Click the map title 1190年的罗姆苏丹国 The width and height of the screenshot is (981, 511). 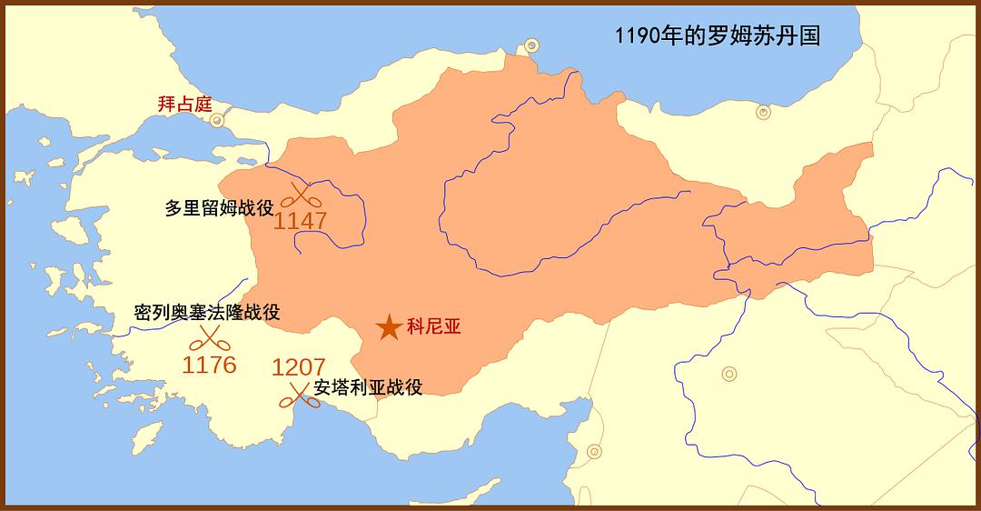click(717, 36)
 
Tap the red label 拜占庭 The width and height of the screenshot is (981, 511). click(184, 104)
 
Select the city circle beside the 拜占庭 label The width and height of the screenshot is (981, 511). click(217, 119)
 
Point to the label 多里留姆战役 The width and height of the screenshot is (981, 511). click(219, 207)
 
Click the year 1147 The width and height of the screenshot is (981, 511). click(300, 221)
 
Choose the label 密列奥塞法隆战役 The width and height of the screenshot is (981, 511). click(206, 313)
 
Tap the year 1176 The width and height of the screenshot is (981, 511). click(209, 366)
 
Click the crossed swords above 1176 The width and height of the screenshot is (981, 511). click(208, 339)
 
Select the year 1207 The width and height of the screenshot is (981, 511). click(298, 367)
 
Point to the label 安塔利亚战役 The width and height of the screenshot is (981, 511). click(368, 387)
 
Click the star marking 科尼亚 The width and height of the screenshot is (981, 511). click(389, 327)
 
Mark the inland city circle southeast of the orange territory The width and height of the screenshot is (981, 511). click(728, 373)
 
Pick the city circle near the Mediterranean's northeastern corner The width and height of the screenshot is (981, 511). click(594, 451)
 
